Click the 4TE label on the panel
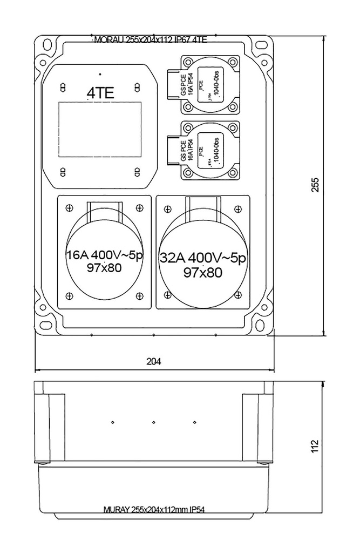click(x=100, y=93)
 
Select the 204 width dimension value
click(x=154, y=361)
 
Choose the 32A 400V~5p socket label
click(x=202, y=259)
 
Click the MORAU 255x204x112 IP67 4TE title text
click(x=151, y=40)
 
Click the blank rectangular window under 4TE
click(x=99, y=130)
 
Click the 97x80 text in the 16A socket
click(x=104, y=267)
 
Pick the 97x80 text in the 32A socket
click(x=202, y=273)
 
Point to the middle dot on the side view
click(x=154, y=422)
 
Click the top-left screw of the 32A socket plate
click(x=167, y=208)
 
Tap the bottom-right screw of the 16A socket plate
click(x=139, y=295)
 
